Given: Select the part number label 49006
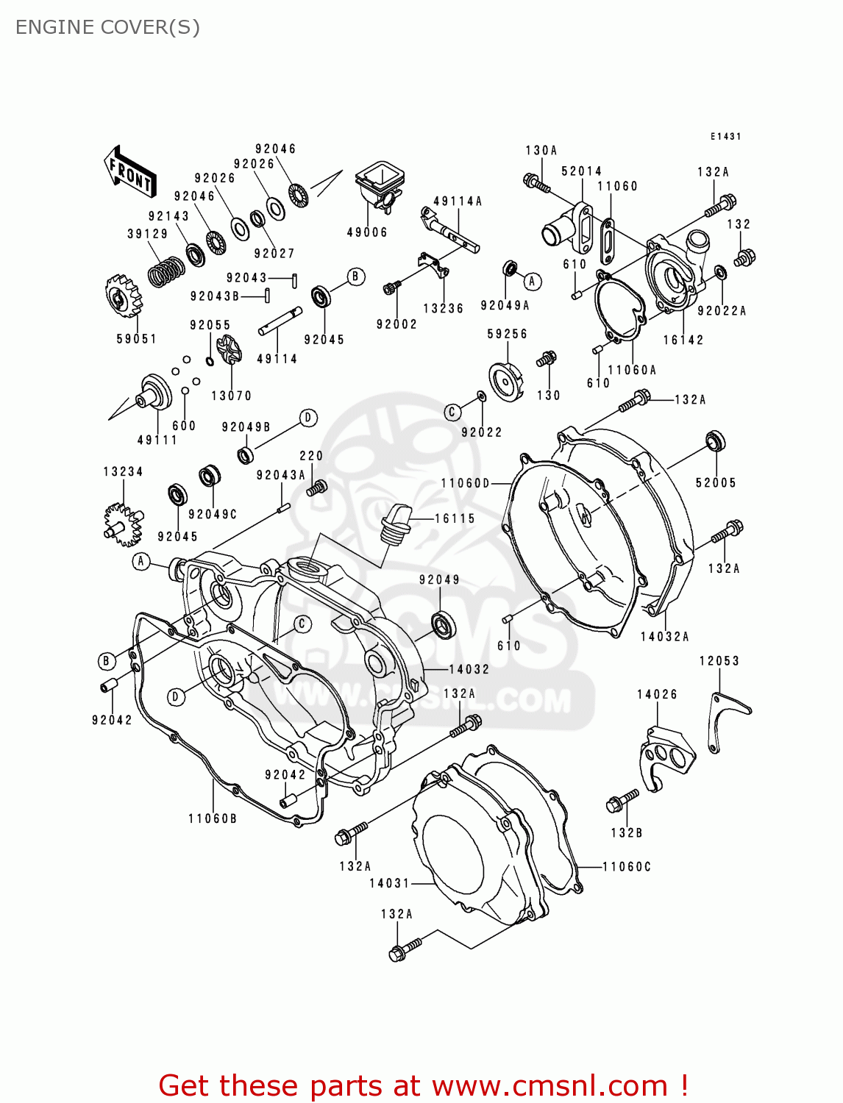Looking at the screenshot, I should pos(367,232).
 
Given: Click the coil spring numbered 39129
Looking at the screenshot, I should pos(166,271).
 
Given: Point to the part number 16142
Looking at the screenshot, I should pos(683,340).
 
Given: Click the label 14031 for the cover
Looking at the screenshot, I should pos(389,883).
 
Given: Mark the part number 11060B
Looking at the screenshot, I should pos(213,818).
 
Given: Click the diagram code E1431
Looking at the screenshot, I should pos(725,137).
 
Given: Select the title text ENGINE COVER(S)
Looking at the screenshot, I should pos(107,27).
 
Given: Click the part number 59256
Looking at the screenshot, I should pos(507,334).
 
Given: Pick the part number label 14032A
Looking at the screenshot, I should pos(664,637).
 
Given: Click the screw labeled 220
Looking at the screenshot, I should pos(317,487).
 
